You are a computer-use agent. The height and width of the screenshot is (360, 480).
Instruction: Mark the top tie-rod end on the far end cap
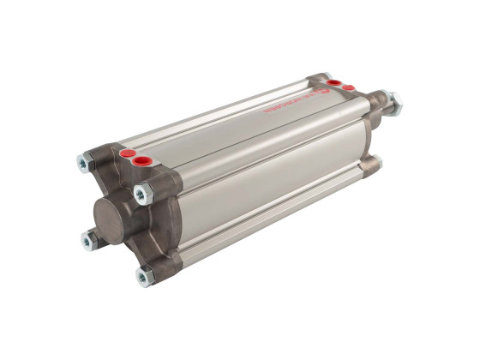[324, 75]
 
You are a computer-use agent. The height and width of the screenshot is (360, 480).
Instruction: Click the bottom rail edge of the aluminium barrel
[274, 219]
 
